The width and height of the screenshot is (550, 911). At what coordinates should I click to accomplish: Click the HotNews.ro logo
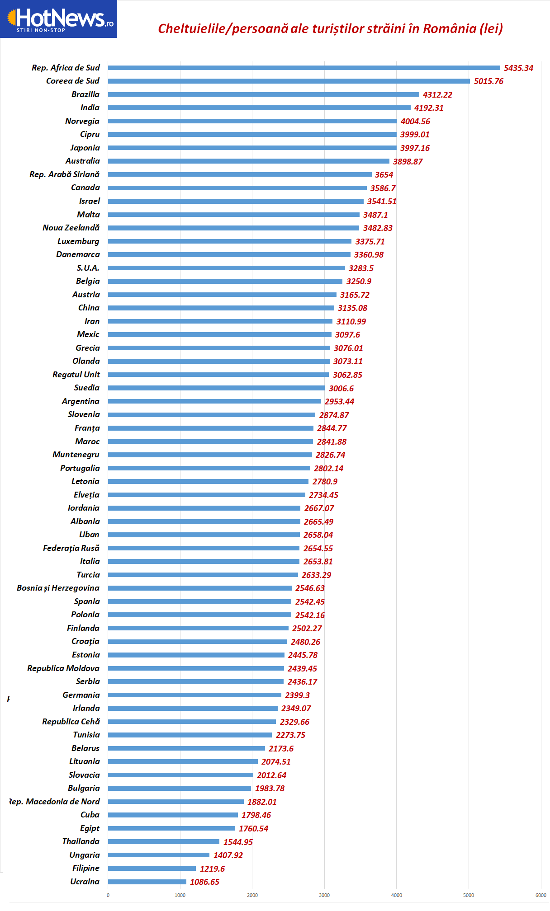click(59, 19)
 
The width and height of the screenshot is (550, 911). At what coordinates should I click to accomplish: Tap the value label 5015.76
click(488, 81)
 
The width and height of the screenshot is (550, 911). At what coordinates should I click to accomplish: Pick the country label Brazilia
click(85, 94)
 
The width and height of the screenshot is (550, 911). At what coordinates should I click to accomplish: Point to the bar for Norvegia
click(252, 121)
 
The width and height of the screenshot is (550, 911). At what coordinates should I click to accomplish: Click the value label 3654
click(384, 175)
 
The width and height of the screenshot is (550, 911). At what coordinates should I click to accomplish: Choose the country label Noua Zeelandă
click(71, 228)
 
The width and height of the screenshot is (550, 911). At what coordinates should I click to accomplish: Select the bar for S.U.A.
click(226, 268)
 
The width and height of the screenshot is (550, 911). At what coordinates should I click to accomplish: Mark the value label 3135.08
click(352, 308)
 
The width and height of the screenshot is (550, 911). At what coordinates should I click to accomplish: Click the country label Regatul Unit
click(76, 375)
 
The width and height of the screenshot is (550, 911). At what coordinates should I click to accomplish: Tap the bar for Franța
click(210, 428)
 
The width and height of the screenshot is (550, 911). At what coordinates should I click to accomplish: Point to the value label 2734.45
click(323, 495)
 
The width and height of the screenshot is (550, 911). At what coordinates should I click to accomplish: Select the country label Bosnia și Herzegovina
click(58, 588)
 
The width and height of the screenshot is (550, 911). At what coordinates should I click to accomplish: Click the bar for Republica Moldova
click(196, 668)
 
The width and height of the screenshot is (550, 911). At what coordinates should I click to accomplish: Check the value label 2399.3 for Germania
click(297, 695)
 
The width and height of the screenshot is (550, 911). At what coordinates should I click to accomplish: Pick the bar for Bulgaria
click(179, 788)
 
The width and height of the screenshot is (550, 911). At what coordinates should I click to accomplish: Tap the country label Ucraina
click(85, 882)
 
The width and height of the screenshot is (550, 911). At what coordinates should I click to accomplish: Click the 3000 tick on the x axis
click(324, 895)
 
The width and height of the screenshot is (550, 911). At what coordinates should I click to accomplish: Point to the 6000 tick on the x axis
click(541, 895)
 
